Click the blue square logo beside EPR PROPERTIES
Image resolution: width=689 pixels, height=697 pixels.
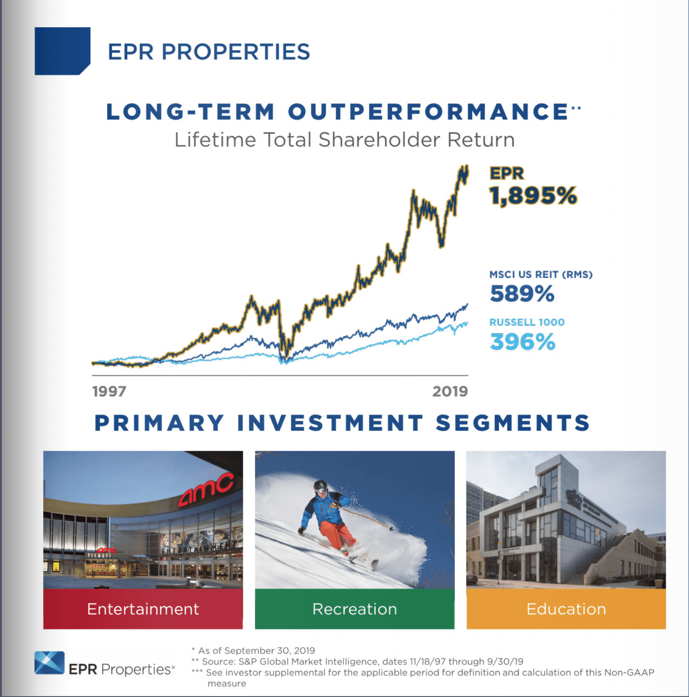point(62,51)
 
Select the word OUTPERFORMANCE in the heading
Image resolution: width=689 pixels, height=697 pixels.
point(427,112)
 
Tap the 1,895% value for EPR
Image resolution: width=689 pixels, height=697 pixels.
point(533,196)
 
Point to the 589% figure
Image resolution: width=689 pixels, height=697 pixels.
point(522,293)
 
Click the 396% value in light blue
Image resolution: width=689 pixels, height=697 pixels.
point(522,342)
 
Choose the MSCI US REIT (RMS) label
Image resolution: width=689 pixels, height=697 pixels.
point(540,275)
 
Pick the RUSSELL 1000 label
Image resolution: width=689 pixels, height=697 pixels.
point(526,322)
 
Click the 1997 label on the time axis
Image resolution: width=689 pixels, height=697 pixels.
point(109,391)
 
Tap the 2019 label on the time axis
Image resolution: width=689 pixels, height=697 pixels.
point(450,391)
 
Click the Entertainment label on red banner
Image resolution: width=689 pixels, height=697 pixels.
point(143,609)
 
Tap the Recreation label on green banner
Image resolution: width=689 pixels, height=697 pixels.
point(355,609)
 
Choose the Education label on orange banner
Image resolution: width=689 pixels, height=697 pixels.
point(566,609)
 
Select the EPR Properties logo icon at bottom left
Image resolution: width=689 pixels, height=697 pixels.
point(49,662)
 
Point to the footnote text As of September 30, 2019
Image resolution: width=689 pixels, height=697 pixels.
point(256,650)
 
